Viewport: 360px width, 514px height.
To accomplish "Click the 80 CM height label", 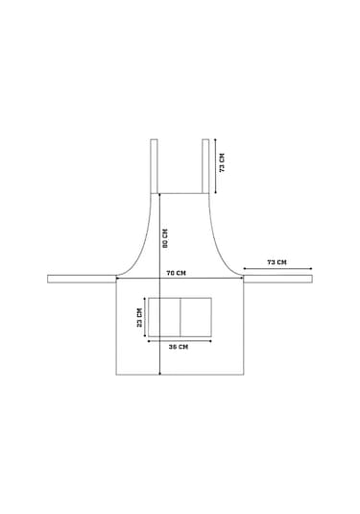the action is click(165, 238).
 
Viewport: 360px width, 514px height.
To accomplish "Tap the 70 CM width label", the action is click(177, 273).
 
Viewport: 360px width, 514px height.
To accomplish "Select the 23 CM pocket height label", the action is click(139, 317).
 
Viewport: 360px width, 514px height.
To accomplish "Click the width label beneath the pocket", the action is click(179, 347).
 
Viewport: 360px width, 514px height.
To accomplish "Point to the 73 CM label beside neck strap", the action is click(222, 162).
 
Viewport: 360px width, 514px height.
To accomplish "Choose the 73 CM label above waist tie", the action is click(277, 262).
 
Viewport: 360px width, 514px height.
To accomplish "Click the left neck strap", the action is click(154, 166).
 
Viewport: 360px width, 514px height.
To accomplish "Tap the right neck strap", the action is click(205, 166).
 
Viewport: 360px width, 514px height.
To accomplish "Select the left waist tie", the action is click(82, 279).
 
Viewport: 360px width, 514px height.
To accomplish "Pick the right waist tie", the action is click(277, 279).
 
